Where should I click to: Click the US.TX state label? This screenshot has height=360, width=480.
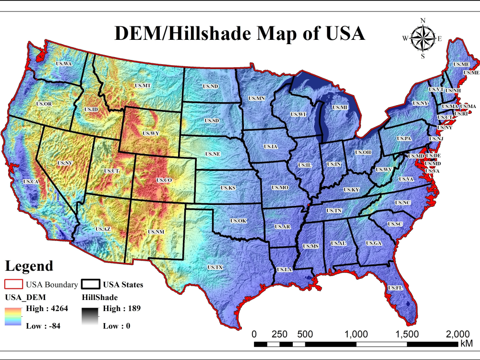[215, 267]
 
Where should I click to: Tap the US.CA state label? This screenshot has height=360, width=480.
[30, 182]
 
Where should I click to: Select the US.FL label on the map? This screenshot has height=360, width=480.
[395, 288]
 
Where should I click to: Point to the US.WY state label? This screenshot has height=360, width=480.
[151, 133]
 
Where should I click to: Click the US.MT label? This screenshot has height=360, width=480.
[143, 85]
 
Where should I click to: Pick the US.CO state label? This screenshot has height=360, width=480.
[164, 180]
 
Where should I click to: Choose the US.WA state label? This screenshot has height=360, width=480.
[64, 64]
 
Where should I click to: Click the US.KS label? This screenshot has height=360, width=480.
[228, 188]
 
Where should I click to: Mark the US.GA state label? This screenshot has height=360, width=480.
[373, 243]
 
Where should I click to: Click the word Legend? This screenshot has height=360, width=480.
[29, 266]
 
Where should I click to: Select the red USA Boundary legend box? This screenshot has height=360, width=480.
[14, 285]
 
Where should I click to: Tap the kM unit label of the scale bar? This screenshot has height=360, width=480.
[466, 344]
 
